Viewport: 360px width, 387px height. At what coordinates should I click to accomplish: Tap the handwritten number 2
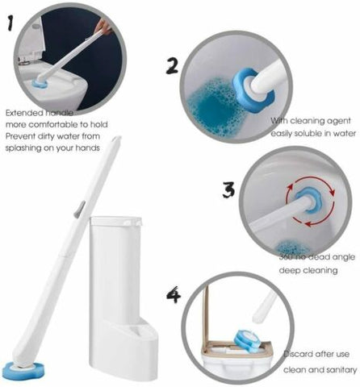point(172,65)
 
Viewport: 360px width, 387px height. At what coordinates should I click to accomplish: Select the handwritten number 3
point(229,190)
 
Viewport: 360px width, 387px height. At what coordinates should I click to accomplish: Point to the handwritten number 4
point(173,296)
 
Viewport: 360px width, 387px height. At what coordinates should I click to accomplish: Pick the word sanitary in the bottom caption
point(340,369)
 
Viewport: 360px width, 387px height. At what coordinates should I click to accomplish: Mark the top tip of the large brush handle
point(119,139)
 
